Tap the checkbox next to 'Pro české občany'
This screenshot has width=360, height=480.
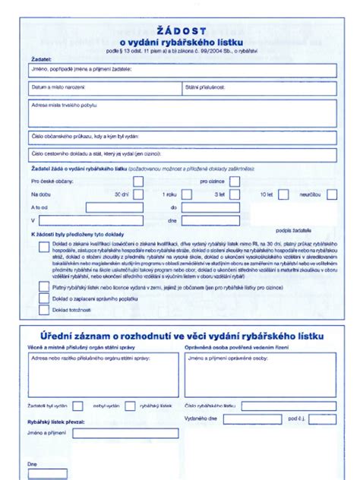click(x=138, y=182)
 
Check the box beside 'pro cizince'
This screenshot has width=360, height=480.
click(x=235, y=182)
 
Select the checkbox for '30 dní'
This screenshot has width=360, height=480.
click(x=138, y=194)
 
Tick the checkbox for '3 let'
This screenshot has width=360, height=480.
click(x=235, y=194)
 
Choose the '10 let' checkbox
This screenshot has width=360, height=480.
click(x=283, y=194)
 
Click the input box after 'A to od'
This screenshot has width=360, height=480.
click(x=114, y=207)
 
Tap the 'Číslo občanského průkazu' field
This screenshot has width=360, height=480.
click(x=182, y=137)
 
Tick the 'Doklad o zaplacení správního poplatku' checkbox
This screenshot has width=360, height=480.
click(x=44, y=299)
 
